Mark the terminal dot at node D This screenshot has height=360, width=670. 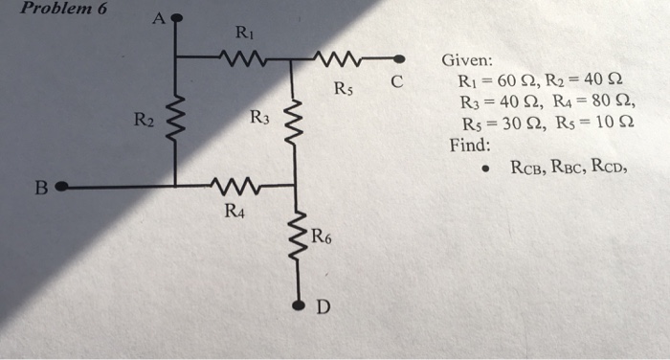pyautogui.click(x=298, y=306)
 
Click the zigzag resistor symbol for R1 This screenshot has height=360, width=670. pyautogui.click(x=234, y=57)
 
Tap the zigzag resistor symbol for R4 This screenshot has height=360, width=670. pyautogui.click(x=233, y=186)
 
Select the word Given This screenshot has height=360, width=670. pyautogui.click(x=466, y=60)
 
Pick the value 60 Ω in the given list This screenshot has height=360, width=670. pyautogui.click(x=519, y=80)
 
